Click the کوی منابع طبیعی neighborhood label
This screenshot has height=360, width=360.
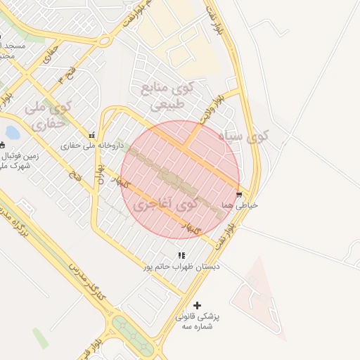166,96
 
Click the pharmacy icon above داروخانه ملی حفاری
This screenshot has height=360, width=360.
91,135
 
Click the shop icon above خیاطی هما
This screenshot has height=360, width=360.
240,194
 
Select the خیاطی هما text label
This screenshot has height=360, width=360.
240,204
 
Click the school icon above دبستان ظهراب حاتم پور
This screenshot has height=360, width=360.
181,256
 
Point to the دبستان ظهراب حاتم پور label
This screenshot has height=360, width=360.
181,266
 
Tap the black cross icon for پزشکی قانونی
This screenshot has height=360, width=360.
197,305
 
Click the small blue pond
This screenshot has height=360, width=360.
12,131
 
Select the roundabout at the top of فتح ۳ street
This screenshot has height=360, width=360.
103,41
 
